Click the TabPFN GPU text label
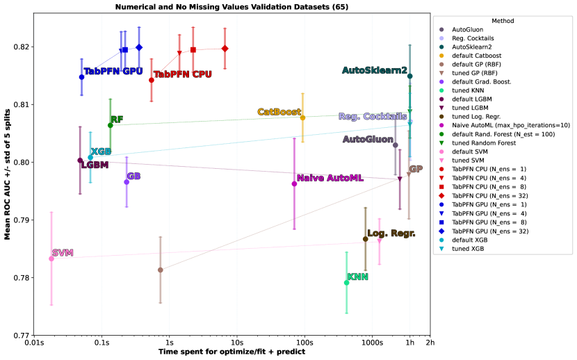pos(113,72)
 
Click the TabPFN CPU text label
pos(182,74)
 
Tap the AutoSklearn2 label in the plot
pos(375,70)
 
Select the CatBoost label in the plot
pos(279,112)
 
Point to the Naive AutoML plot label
pos(330,179)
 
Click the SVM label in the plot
pos(63,253)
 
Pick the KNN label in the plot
pos(357,277)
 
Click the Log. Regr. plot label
pos(391,234)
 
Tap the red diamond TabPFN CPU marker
pos(225,49)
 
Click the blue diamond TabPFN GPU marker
pos(139,47)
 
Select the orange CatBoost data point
pos(302,117)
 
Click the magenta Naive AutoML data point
pos(294,183)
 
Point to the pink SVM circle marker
pos(51,259)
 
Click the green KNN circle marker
pos(346,282)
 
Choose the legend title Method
pos(503,21)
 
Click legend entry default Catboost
pos(477,56)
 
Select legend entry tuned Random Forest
pos(484,142)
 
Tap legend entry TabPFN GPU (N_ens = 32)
pos(489,231)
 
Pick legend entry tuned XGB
pos(468,248)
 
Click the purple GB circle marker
pos(127,182)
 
